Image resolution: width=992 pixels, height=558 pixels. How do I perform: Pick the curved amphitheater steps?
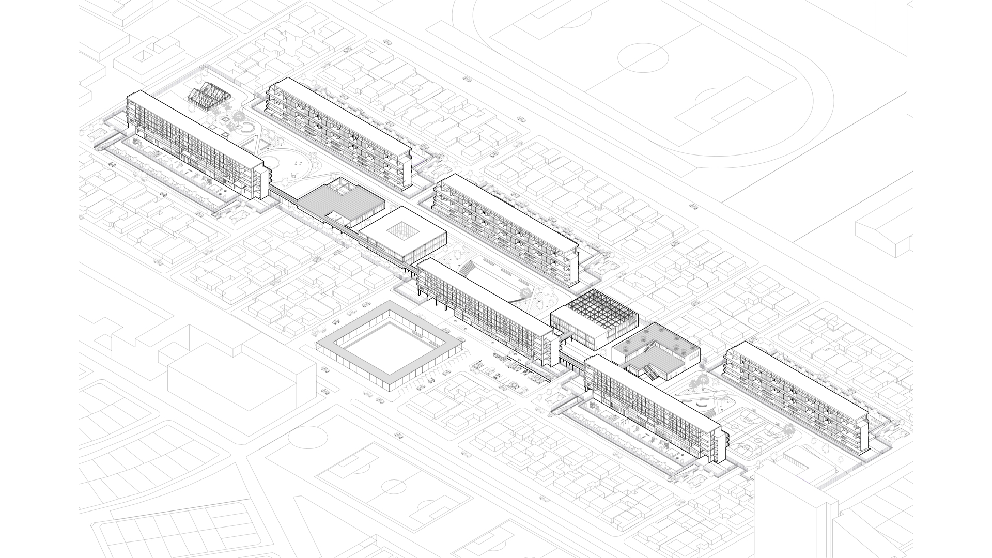coord(468,269)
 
